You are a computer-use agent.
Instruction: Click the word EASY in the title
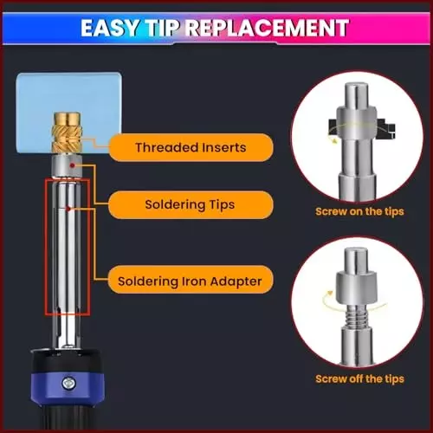click(x=109, y=28)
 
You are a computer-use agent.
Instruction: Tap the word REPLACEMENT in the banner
click(x=267, y=28)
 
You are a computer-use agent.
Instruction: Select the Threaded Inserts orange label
click(x=191, y=147)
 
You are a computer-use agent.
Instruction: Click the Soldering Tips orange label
click(x=191, y=204)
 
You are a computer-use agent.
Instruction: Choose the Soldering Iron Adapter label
click(x=191, y=281)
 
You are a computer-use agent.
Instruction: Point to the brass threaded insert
click(x=66, y=133)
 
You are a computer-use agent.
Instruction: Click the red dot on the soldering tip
click(x=73, y=165)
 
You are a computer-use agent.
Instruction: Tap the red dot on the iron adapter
click(x=68, y=209)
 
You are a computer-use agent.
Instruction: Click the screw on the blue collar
click(x=68, y=383)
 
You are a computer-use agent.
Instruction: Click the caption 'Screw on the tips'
click(x=359, y=211)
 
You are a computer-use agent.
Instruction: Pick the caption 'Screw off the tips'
click(x=359, y=378)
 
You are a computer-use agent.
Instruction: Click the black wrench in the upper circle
click(x=361, y=127)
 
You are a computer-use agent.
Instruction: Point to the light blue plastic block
click(x=68, y=113)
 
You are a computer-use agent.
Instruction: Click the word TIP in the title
click(x=162, y=28)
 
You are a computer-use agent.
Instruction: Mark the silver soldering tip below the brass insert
click(x=67, y=166)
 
